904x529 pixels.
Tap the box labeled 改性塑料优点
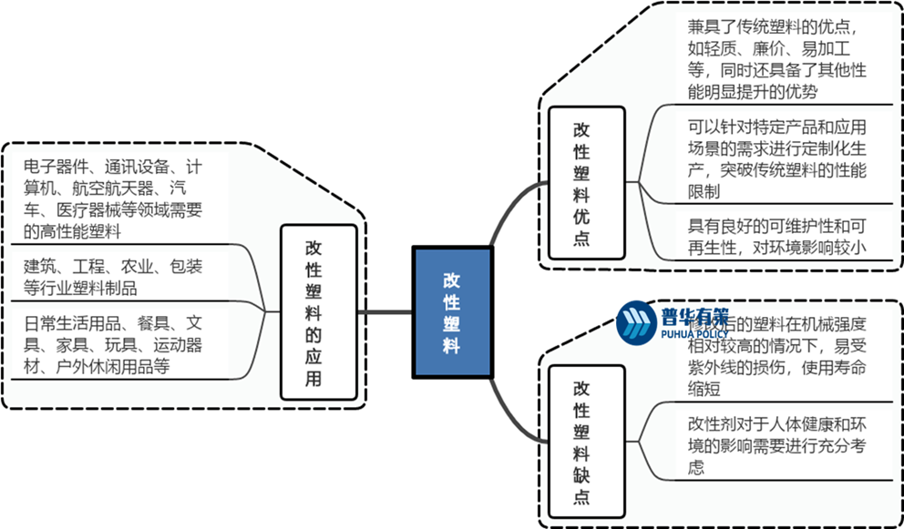pyautogui.click(x=580, y=183)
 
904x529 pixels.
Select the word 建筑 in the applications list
pyautogui.click(x=41, y=267)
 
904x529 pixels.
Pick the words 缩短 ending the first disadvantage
pyautogui.click(x=704, y=392)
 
